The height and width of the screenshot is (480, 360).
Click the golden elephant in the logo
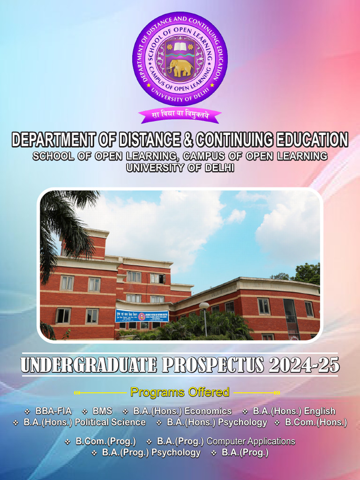pos(180,67)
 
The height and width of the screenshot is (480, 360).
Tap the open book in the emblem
pos(180,47)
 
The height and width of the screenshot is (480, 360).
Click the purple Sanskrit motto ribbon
pos(180,114)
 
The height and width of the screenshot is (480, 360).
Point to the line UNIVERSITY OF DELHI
pos(180,167)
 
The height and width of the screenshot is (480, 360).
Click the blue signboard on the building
pos(142,315)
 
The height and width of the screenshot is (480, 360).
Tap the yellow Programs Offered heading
pos(180,392)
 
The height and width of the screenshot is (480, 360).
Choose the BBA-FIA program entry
pos(53,411)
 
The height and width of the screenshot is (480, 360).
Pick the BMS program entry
pos(102,411)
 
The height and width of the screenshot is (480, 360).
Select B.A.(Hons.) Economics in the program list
pos(182,411)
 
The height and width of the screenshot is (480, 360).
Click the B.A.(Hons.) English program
pos(294,411)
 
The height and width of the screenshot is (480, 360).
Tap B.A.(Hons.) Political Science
pos(84,422)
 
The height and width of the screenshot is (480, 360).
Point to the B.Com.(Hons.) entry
pos(315,422)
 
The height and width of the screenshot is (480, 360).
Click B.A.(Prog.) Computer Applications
pos(226,441)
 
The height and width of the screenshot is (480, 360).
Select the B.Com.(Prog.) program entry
pos(105,441)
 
